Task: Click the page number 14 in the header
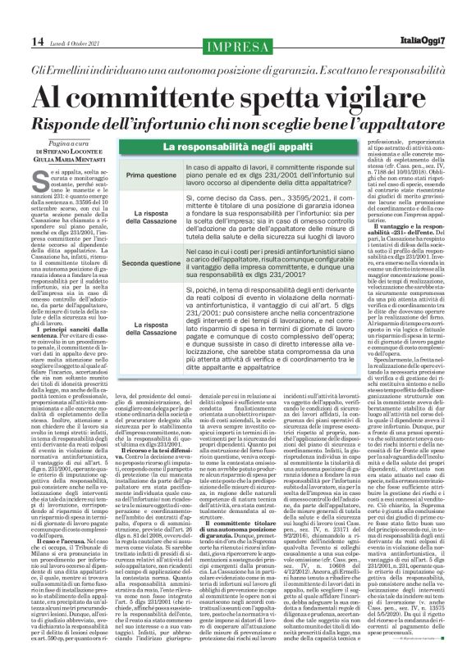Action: (14, 16)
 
